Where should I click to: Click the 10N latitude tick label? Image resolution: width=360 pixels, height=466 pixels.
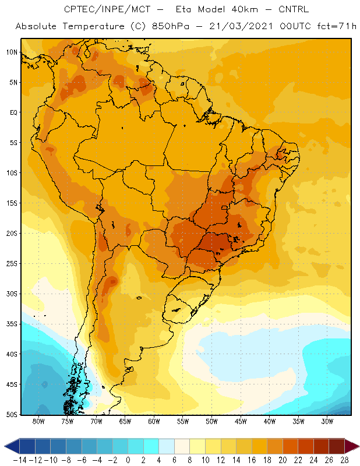[x=12, y=52]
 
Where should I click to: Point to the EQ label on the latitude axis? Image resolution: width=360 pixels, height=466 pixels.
[x=13, y=112]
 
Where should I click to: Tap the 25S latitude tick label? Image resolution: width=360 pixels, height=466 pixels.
[x=12, y=264]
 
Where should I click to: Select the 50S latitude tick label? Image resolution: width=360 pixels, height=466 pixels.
[x=12, y=415]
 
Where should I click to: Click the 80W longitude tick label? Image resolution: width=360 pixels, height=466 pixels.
[x=38, y=421]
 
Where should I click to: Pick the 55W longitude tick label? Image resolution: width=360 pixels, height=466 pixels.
[x=183, y=421]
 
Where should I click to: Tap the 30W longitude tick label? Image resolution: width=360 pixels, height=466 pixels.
[x=327, y=421]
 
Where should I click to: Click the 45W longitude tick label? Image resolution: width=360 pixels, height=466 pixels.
[x=241, y=421]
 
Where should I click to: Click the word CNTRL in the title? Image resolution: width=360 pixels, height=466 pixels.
[x=294, y=9]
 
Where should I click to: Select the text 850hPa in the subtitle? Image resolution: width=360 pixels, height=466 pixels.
[x=171, y=26]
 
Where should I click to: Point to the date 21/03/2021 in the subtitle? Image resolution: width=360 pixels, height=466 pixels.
[x=241, y=26]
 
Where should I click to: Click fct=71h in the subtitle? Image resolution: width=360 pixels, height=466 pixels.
[x=337, y=26]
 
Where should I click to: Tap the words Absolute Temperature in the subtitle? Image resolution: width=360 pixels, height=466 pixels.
[x=70, y=26]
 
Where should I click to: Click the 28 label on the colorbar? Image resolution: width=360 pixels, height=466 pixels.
[x=344, y=460]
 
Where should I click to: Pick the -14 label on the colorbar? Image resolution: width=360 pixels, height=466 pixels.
[x=20, y=460]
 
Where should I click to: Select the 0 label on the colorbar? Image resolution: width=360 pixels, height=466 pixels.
[x=128, y=460]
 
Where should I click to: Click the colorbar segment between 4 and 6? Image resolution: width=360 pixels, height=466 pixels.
[x=167, y=446]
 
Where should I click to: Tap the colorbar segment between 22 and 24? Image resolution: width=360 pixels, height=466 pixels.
[x=306, y=446]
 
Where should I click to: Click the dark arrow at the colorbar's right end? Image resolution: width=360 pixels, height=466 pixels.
[x=352, y=446]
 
